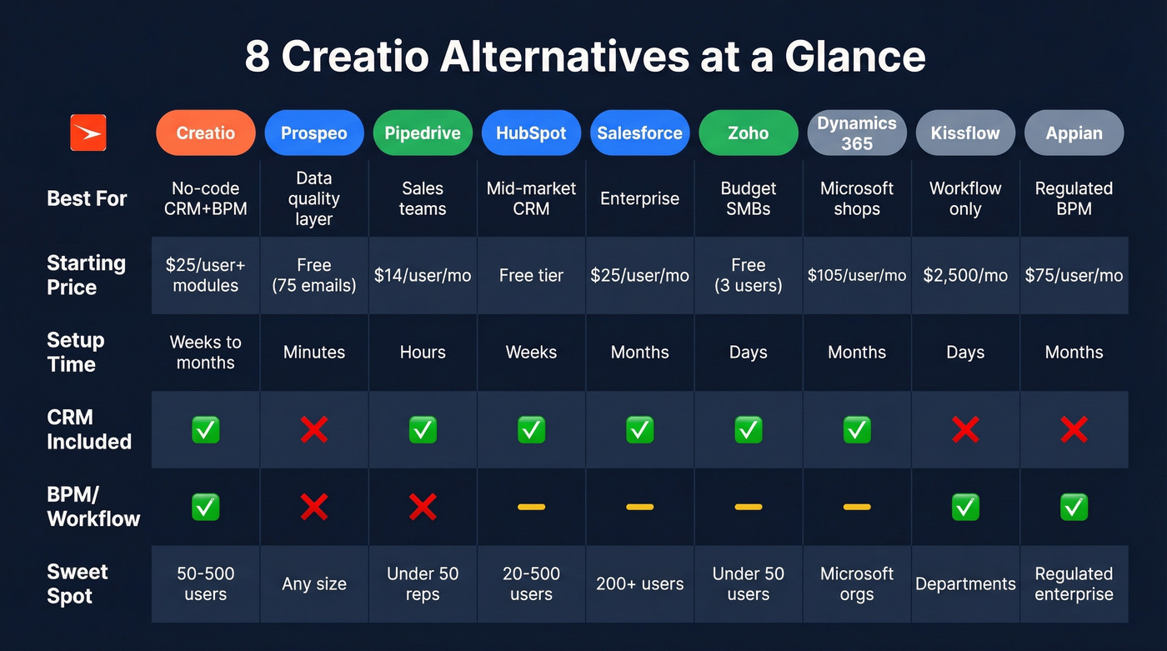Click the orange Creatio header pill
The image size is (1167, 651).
point(205,133)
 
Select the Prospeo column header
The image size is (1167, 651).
point(313,133)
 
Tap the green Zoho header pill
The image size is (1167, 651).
point(748,133)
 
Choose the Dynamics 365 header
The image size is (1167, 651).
point(856,133)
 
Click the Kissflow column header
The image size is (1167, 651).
point(964,133)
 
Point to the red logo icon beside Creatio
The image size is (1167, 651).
point(88,133)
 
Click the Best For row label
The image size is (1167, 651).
point(87,198)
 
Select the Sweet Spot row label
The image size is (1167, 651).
point(78,583)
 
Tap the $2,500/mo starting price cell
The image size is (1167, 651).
point(964,275)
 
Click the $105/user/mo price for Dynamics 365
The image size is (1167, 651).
point(856,275)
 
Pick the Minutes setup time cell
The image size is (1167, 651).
point(313,352)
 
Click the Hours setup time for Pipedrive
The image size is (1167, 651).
point(422,352)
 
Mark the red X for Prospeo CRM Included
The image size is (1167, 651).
point(313,430)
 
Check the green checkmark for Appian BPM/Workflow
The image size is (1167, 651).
point(1074,507)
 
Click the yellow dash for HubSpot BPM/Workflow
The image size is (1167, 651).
point(531,507)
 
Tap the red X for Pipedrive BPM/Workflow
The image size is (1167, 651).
point(422,507)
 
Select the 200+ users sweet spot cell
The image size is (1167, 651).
point(639,583)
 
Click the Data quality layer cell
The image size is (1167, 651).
point(313,199)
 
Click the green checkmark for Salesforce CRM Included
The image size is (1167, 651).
point(639,430)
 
